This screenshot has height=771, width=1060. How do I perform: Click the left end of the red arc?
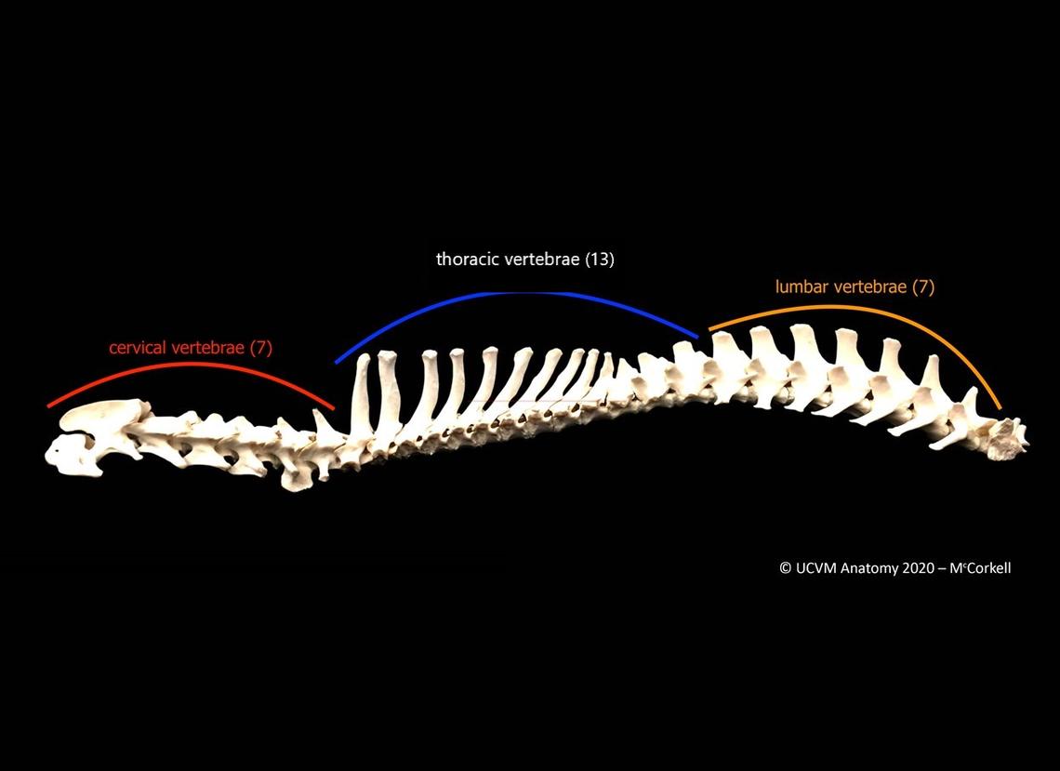48,406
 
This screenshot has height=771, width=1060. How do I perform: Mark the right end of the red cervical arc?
333,408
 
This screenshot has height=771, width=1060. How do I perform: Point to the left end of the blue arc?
337,363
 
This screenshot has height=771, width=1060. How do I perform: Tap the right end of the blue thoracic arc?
697,337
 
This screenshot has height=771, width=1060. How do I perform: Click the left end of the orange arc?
709,329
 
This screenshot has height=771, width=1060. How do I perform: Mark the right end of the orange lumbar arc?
1000,407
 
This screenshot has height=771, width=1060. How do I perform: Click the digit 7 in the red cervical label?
261,348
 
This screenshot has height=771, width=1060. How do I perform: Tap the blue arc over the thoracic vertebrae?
517,293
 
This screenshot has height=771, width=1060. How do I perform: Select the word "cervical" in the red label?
138,348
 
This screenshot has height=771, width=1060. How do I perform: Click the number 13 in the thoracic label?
600,259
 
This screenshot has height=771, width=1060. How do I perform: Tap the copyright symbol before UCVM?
786,568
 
